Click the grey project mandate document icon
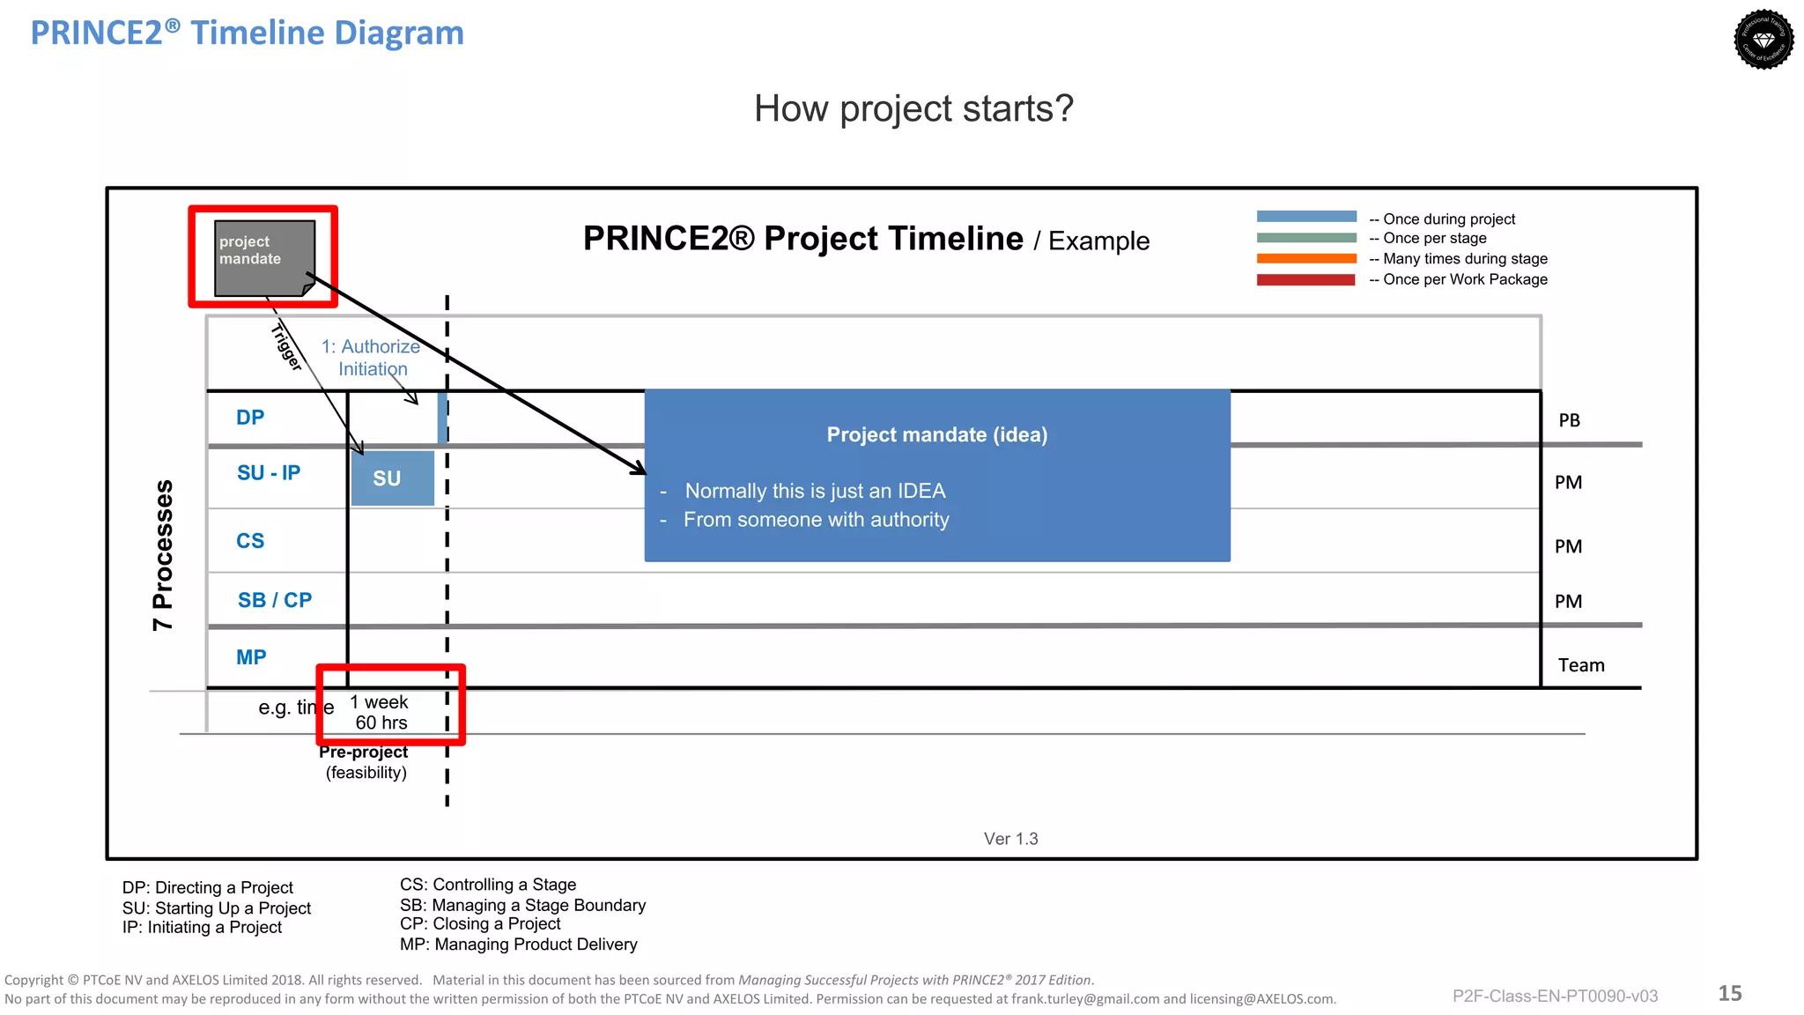pos(264,257)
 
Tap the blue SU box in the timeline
pos(392,478)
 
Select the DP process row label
pos(250,418)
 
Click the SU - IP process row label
pos(269,473)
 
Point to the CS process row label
pos(250,541)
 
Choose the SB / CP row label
pos(275,600)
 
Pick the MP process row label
pos(251,657)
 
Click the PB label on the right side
pos(1569,421)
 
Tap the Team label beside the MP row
pos(1580,665)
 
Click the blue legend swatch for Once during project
pos(1305,217)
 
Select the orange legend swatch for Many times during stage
pos(1305,258)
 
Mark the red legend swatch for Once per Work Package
pos(1305,280)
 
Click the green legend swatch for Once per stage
pos(1305,238)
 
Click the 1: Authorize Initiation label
pos(371,358)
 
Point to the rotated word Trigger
pos(286,346)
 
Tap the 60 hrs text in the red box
pos(381,723)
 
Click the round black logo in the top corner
pos(1763,40)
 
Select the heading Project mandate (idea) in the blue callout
pos(936,435)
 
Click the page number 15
pos(1729,994)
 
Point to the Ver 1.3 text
pos(1010,839)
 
